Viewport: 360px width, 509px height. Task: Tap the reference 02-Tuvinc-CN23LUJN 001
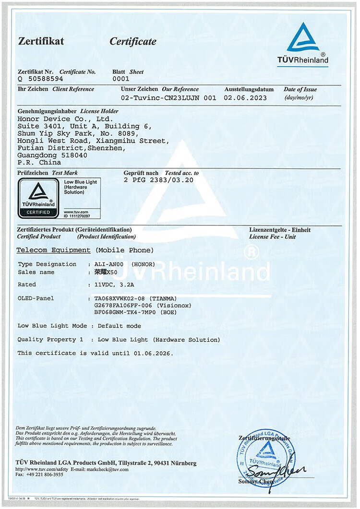coord(168,97)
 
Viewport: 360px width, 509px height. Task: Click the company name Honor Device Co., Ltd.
coord(65,119)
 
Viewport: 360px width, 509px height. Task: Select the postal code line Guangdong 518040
coord(52,155)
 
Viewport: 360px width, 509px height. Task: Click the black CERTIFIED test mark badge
coord(38,198)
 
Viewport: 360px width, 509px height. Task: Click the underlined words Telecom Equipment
coord(53,250)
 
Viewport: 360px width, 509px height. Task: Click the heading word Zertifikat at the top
coord(41,41)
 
